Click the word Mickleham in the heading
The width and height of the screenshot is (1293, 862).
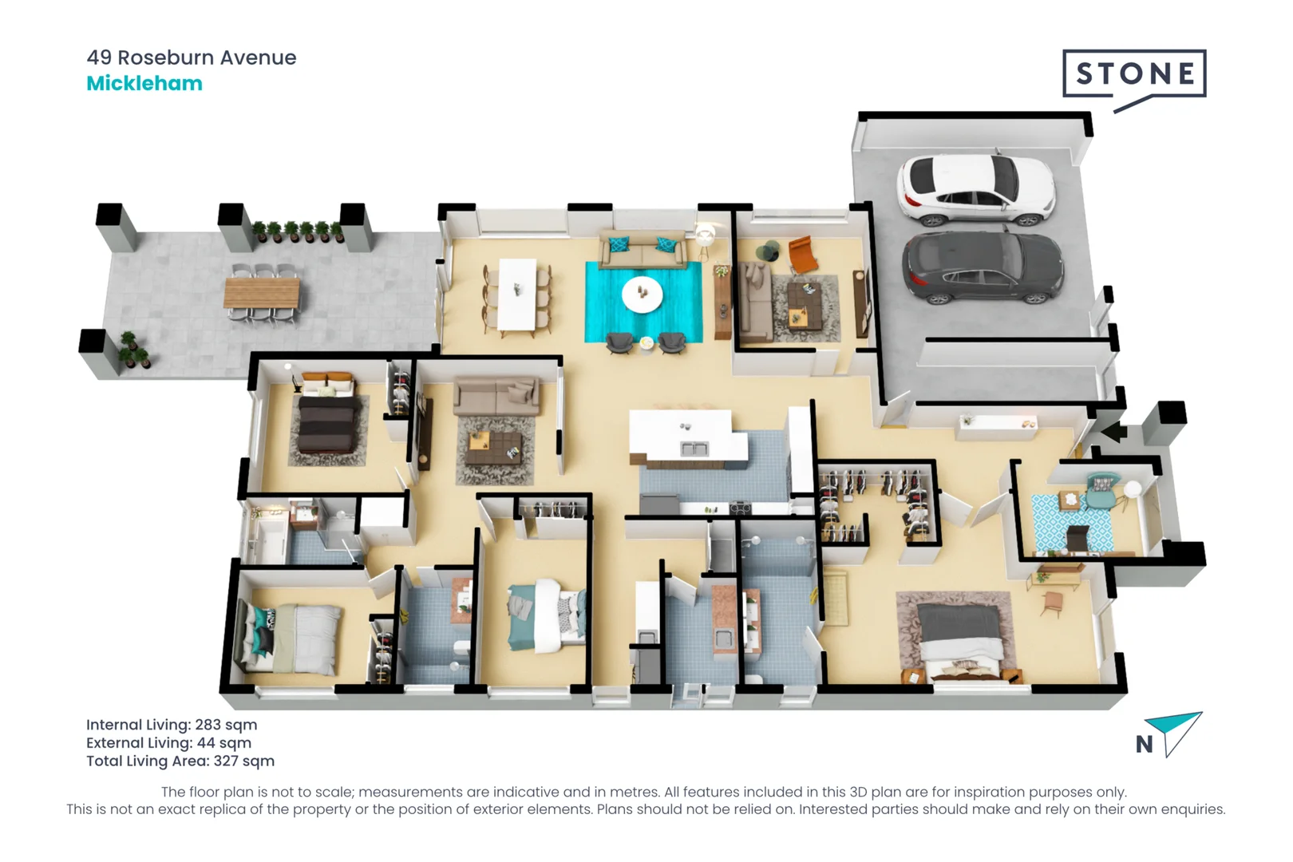pyautogui.click(x=144, y=84)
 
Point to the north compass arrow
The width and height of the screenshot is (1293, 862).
pyautogui.click(x=1177, y=730)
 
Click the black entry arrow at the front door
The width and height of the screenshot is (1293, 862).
pyautogui.click(x=1114, y=433)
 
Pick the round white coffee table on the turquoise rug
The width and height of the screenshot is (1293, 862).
pyautogui.click(x=642, y=295)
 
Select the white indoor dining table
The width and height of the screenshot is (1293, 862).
pyautogui.click(x=517, y=293)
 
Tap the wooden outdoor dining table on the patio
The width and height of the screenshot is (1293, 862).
pyautogui.click(x=261, y=293)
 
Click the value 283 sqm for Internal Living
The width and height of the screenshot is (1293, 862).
pyautogui.click(x=226, y=725)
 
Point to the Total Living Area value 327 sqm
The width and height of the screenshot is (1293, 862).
pyautogui.click(x=243, y=761)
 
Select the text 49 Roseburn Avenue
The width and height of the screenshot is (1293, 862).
pyautogui.click(x=192, y=57)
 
